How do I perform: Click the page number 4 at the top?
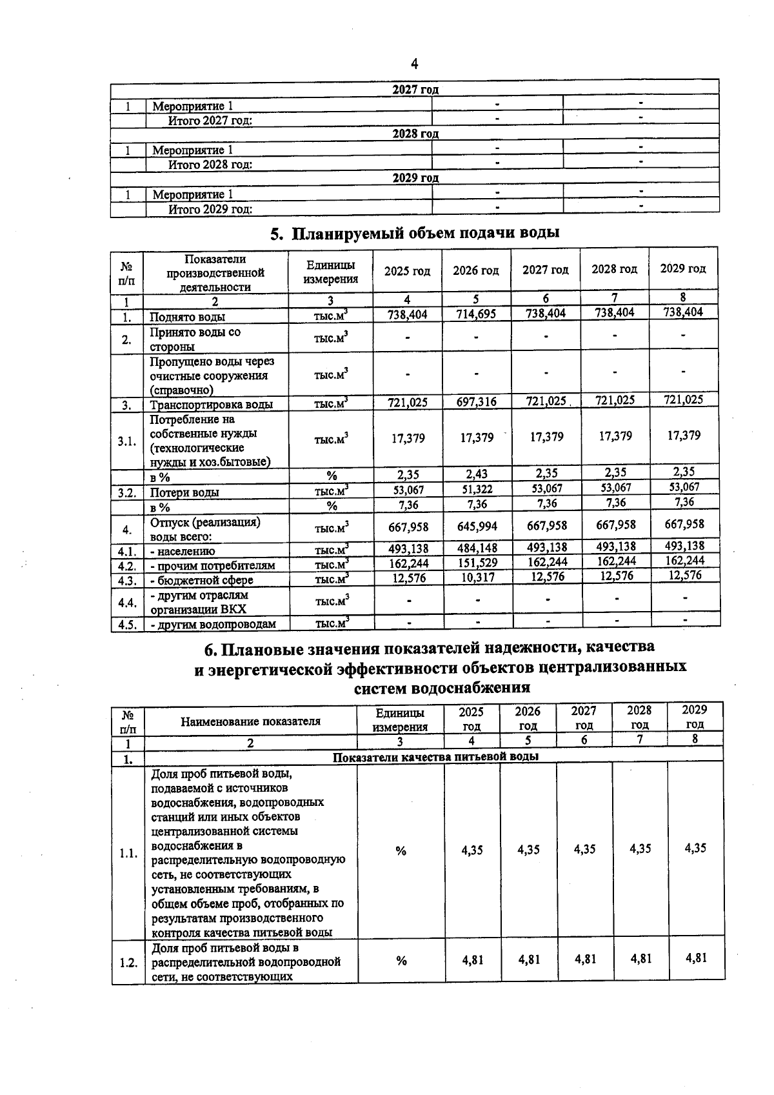(x=414, y=64)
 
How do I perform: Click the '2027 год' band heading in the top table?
(x=415, y=90)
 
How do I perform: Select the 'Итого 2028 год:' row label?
(x=210, y=165)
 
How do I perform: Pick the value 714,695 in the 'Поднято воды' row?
(x=476, y=314)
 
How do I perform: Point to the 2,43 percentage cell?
(x=476, y=475)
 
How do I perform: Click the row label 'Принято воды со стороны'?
(x=195, y=339)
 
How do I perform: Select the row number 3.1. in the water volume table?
(x=127, y=441)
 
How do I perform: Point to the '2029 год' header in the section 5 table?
(x=683, y=268)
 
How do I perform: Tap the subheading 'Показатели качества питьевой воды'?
(x=435, y=756)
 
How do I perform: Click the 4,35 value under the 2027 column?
(x=584, y=849)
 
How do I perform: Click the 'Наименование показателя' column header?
(x=250, y=721)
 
